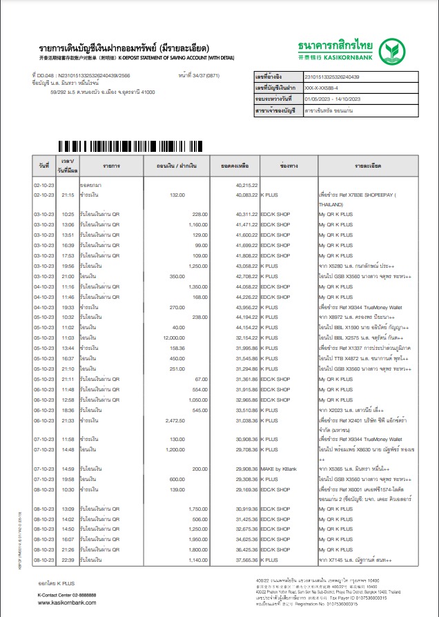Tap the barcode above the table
tap(130, 146)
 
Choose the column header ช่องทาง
tap(288, 166)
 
